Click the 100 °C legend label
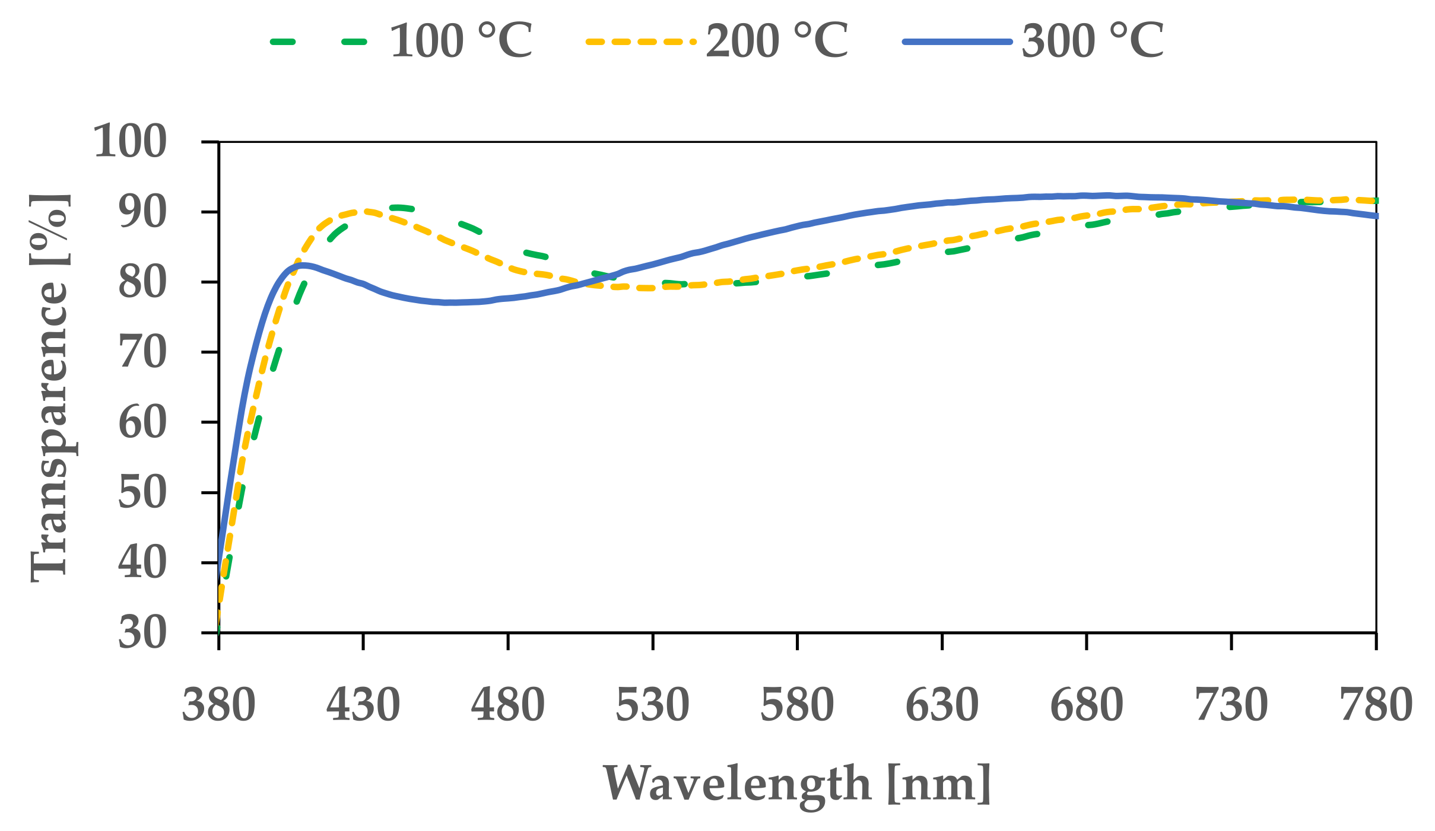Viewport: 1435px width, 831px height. (461, 42)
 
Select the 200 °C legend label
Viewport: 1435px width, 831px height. (777, 42)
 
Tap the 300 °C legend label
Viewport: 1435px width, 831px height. (1093, 42)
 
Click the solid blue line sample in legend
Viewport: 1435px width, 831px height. (957, 42)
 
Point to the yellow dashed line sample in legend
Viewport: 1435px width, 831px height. (640, 42)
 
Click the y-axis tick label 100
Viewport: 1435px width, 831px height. (130, 142)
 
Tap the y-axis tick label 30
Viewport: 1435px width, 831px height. (142, 633)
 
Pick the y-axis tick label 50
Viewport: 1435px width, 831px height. (142, 492)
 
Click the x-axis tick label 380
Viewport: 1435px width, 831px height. (218, 705)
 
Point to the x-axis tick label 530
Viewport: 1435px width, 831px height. (652, 705)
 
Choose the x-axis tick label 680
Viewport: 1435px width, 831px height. (1086, 705)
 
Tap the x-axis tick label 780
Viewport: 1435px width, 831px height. (1376, 705)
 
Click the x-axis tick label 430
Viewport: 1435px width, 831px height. (363, 705)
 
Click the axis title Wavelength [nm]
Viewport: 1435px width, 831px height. (797, 784)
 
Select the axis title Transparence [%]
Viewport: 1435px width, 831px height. (50, 388)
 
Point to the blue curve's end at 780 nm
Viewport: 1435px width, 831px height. (1375, 216)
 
